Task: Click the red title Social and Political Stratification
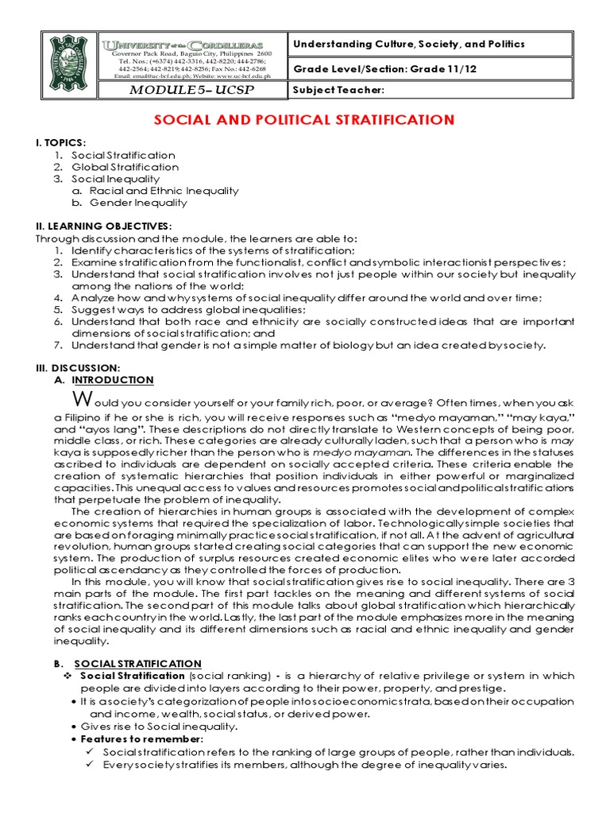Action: [x=304, y=120]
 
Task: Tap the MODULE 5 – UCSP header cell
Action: [x=191, y=90]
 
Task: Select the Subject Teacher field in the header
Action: [x=339, y=90]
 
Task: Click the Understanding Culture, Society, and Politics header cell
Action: [x=409, y=45]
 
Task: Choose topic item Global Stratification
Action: [x=125, y=167]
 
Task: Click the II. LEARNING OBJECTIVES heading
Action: [x=103, y=227]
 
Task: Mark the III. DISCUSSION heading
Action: [x=78, y=368]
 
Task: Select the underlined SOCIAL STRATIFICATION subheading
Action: [x=137, y=663]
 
